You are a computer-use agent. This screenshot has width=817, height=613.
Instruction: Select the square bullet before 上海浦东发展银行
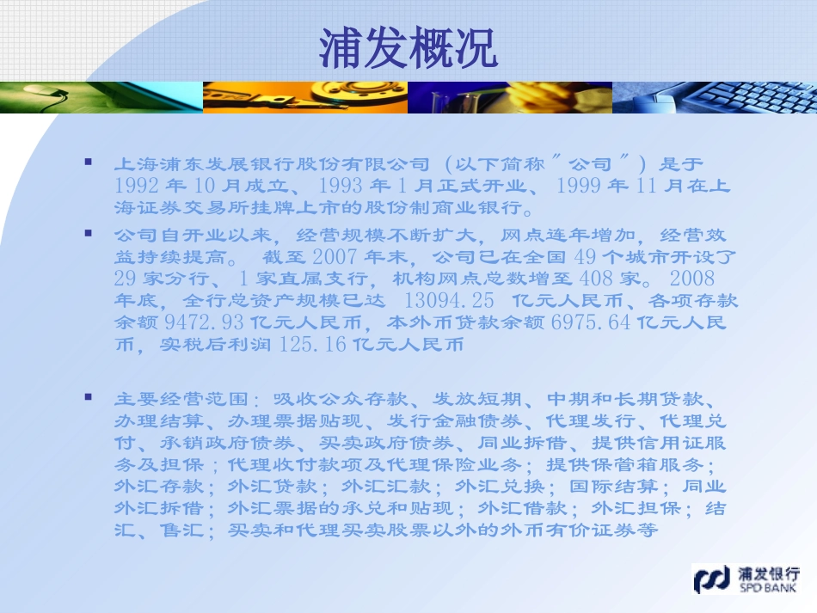pyautogui.click(x=88, y=161)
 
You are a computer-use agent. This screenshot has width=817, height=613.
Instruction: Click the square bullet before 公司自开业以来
pyautogui.click(x=88, y=233)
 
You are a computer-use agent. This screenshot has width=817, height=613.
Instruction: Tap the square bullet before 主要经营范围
pyautogui.click(x=88, y=397)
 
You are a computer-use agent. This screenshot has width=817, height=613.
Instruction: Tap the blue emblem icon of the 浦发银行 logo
pyautogui.click(x=712, y=579)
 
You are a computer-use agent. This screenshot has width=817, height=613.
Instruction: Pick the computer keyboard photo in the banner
pyautogui.click(x=714, y=98)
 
